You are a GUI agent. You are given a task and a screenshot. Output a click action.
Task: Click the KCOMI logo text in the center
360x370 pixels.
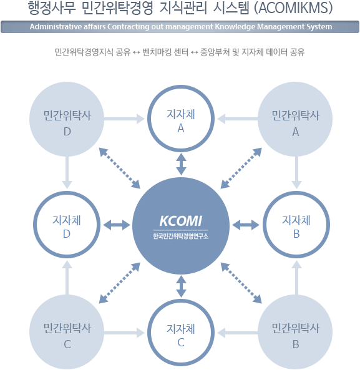181,221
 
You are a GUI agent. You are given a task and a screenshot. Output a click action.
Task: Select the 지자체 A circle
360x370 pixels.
181,85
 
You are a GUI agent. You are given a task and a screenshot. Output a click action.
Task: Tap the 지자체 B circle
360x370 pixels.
296,192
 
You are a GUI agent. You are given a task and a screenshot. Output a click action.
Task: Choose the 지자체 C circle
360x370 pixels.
181,299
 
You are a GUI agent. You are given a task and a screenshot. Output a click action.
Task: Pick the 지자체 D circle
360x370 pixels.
67,192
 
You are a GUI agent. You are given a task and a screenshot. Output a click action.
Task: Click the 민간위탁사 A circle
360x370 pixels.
295,119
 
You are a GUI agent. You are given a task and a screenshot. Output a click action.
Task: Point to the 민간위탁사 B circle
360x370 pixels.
295,332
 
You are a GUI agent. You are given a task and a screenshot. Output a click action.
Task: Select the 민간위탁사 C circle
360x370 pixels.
67,332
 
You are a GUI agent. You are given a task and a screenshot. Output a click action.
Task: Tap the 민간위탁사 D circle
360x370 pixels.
67,119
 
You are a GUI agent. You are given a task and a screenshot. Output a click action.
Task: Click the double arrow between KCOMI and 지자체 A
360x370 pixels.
181,164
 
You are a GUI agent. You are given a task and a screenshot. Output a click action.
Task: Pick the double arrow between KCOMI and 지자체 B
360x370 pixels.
246,225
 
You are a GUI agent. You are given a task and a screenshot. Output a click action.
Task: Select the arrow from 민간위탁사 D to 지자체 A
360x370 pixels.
124,119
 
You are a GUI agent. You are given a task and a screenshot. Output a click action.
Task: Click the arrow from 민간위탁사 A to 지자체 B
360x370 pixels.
296,172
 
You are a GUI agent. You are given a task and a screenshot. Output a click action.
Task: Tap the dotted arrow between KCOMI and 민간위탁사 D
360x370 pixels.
120,168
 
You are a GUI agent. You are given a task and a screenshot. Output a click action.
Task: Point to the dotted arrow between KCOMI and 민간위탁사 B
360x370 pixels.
241,283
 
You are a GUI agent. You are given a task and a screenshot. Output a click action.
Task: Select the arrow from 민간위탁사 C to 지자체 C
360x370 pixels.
124,333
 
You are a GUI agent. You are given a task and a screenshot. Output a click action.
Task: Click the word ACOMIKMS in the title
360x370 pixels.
293,7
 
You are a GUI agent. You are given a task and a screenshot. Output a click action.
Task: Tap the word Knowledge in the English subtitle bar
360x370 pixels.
235,27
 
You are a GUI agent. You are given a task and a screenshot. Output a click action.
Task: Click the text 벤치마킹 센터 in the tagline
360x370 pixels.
165,52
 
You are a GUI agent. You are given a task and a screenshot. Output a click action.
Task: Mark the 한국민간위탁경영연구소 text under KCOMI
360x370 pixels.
181,236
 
